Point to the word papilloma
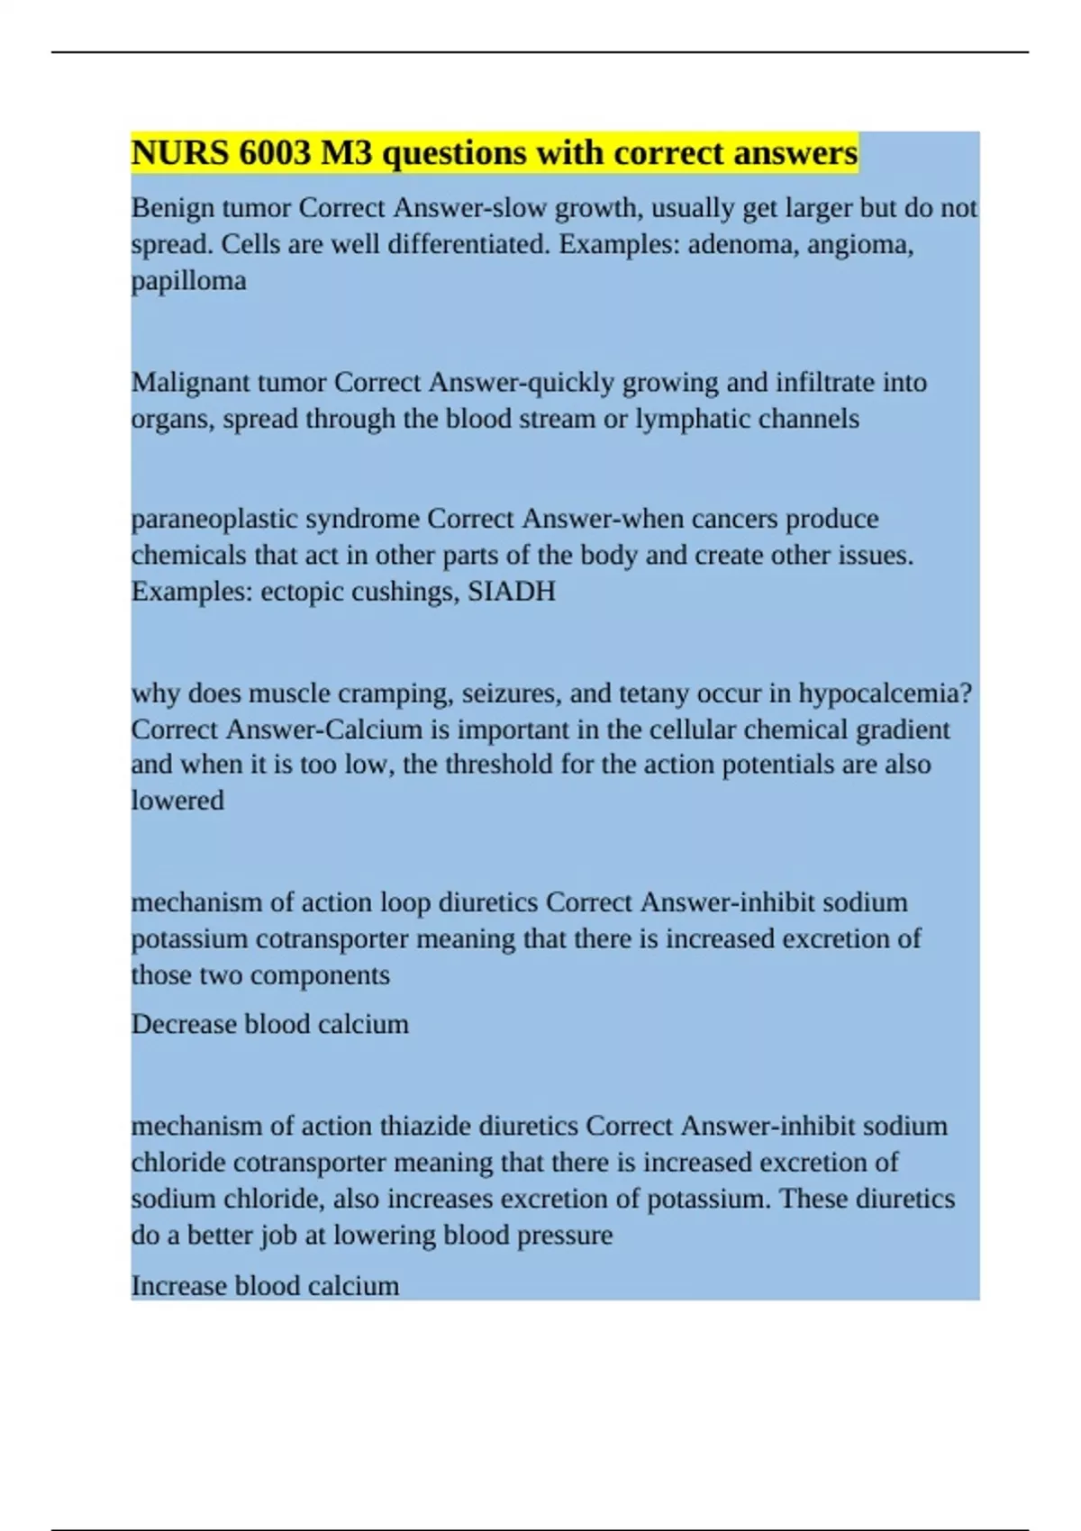point(188,281)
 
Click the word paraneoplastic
point(214,520)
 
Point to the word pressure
point(565,1235)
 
